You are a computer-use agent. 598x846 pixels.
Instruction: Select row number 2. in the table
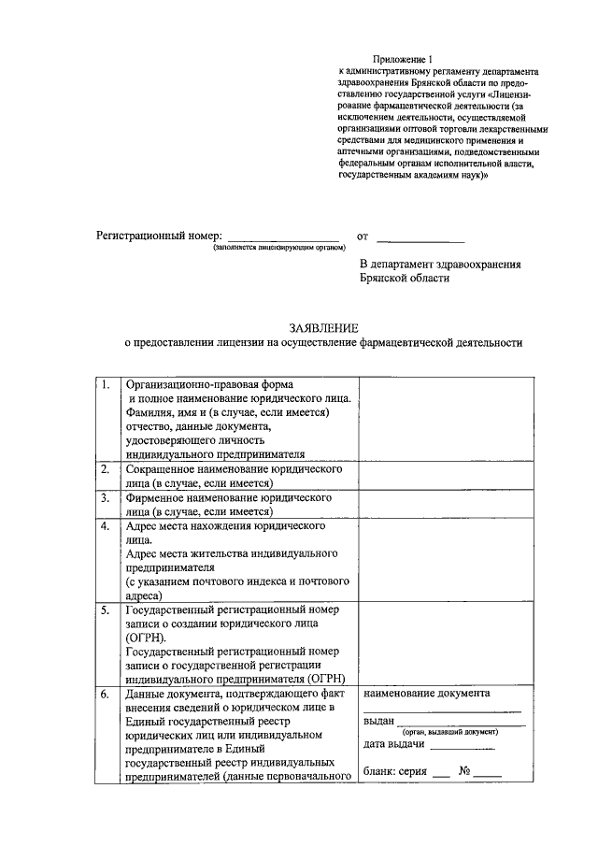tap(107, 470)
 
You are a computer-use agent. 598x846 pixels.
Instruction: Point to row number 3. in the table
tap(107, 498)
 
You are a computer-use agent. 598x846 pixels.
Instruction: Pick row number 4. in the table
tap(107, 526)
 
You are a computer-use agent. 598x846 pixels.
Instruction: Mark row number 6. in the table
tap(107, 694)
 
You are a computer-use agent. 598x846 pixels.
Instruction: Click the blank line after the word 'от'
tap(420, 238)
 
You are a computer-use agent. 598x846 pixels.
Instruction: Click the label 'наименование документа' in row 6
tap(427, 694)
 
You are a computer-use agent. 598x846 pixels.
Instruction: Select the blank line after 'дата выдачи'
tap(463, 748)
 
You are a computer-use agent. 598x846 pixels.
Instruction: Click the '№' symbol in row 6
tap(463, 773)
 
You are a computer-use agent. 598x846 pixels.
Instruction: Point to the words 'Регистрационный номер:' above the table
tap(160, 237)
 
